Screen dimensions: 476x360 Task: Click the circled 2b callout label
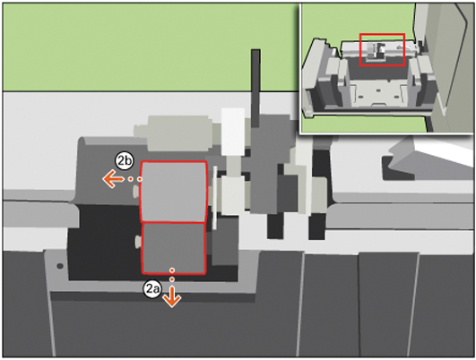[125, 161]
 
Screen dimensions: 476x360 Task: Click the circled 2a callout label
[152, 289]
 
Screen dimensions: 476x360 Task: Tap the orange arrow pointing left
[113, 179]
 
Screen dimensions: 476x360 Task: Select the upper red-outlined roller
[174, 192]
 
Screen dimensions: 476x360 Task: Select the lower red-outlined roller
[174, 249]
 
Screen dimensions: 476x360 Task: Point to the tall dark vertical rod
[255, 88]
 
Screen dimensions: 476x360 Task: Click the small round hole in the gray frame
[60, 266]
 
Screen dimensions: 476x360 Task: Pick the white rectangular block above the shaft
[233, 132]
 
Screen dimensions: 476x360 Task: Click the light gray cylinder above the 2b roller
[173, 133]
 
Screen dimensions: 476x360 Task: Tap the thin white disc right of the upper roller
[215, 197]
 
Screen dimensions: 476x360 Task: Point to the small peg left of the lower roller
[138, 241]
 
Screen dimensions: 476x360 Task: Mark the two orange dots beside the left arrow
[135, 179]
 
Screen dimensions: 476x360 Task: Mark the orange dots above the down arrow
[172, 274]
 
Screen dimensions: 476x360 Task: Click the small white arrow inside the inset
[401, 47]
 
